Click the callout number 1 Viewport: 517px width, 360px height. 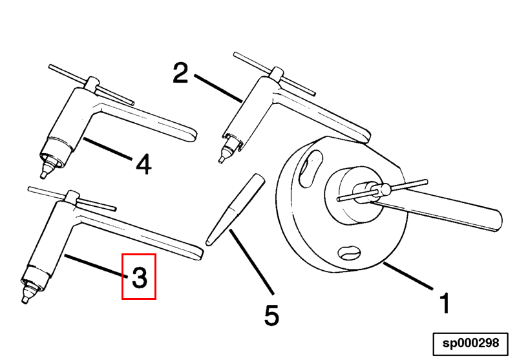click(x=445, y=302)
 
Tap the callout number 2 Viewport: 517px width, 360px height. click(x=180, y=73)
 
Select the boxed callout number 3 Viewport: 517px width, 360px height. click(x=139, y=277)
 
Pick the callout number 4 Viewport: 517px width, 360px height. click(x=143, y=164)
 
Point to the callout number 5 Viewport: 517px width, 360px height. click(x=271, y=315)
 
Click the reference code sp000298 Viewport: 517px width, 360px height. click(x=470, y=343)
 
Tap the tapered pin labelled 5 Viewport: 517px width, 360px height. click(x=235, y=209)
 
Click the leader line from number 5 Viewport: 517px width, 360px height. click(x=251, y=262)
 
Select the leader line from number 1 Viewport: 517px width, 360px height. click(x=408, y=276)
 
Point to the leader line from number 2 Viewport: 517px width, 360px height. click(x=218, y=88)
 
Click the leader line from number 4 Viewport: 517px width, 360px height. click(x=107, y=149)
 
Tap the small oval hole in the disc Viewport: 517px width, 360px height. click(x=350, y=253)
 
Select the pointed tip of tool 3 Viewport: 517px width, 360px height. click(x=25, y=301)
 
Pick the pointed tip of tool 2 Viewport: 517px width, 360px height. click(x=220, y=160)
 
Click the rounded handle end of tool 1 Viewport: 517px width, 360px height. click(x=496, y=220)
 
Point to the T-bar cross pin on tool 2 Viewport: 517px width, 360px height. click(x=274, y=74)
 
